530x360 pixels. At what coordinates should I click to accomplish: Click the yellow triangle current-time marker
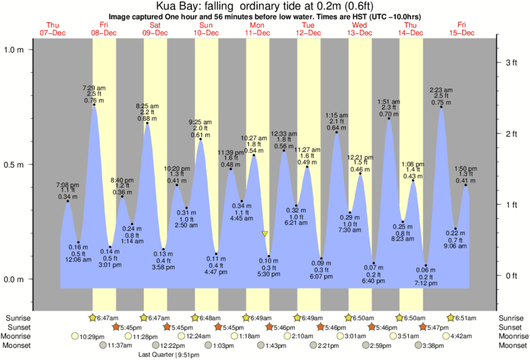click(265, 234)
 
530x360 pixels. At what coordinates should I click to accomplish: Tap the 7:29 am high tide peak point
click(94, 105)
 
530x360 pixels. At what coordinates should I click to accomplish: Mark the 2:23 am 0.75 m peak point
click(441, 107)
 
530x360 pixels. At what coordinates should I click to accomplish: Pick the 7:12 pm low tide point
click(426, 266)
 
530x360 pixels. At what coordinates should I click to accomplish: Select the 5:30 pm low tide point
click(269, 256)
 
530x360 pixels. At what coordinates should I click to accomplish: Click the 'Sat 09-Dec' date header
click(155, 29)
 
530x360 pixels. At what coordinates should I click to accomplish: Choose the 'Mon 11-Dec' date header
click(257, 29)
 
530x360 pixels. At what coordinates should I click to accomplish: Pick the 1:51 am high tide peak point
click(390, 119)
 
